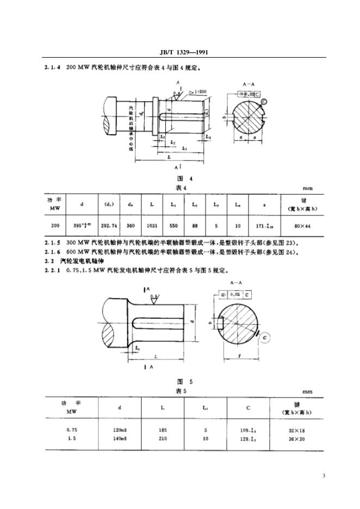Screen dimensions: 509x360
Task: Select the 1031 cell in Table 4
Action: point(151,225)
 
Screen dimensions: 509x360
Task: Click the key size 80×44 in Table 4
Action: point(301,225)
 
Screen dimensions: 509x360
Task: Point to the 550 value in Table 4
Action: point(173,225)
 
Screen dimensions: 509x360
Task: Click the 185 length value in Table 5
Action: point(163,429)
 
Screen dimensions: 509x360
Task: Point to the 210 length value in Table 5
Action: point(163,437)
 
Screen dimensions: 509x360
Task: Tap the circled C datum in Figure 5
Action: point(265,337)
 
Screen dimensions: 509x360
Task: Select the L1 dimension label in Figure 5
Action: point(137,347)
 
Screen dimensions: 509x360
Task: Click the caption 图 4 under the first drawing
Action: point(179,178)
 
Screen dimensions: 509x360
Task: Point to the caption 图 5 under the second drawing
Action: point(179,381)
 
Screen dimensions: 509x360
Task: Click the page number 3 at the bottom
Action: point(324,477)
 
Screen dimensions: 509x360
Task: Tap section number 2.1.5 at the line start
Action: point(51,243)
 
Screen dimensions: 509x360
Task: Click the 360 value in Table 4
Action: point(131,225)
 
